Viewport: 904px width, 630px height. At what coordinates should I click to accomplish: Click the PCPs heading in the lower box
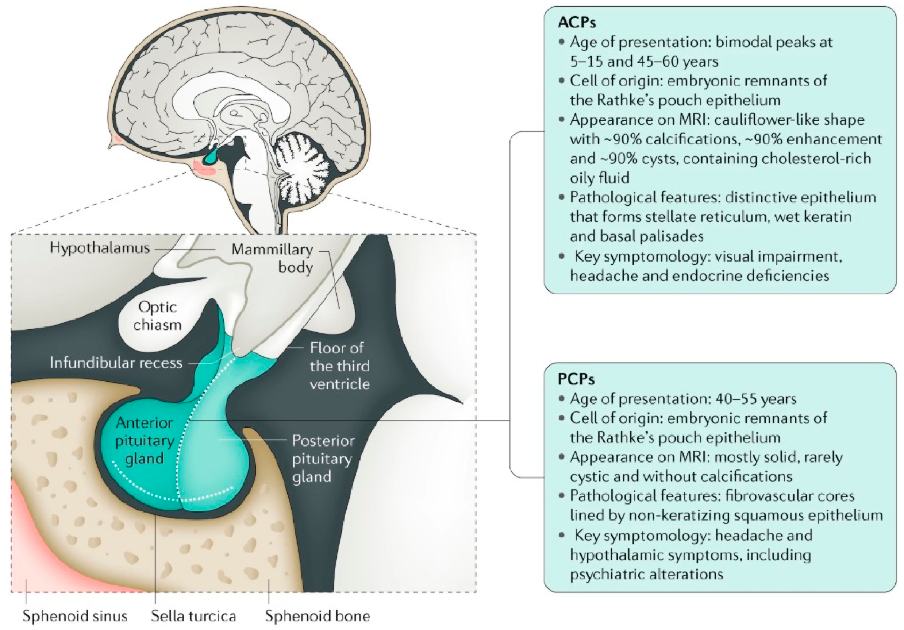[x=576, y=379]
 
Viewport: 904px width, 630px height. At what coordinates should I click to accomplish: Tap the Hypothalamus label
[x=100, y=248]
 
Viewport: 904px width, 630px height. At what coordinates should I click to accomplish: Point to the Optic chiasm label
[x=157, y=316]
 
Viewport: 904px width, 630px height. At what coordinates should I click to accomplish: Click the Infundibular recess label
[x=116, y=362]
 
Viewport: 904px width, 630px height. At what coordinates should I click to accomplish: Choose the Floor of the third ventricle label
[x=340, y=366]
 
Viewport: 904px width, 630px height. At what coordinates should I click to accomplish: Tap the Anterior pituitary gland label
[x=145, y=440]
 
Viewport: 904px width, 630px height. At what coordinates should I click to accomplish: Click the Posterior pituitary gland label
[x=323, y=459]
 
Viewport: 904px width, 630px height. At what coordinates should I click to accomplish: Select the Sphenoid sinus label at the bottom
[x=75, y=616]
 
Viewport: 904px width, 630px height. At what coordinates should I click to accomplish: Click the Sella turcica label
[x=193, y=616]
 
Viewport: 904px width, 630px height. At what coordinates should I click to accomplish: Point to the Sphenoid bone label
[x=318, y=616]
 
